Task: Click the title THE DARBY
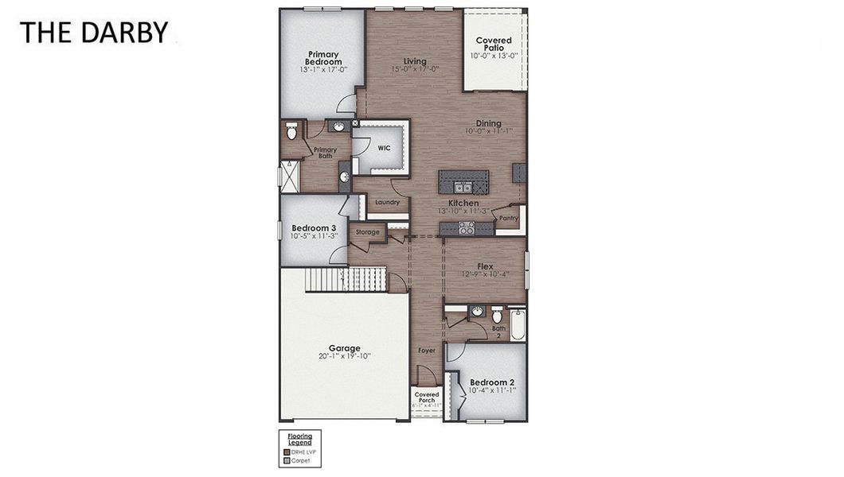click(94, 33)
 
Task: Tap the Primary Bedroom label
click(324, 58)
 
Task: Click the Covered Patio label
click(494, 44)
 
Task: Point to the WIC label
click(384, 148)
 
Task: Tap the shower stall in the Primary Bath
click(288, 174)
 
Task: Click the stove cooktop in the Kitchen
click(467, 228)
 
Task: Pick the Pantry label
click(509, 218)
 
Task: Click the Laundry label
click(387, 203)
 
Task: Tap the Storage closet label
click(367, 232)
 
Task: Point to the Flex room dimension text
click(485, 274)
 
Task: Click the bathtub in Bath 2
click(518, 324)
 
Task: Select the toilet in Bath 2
click(497, 313)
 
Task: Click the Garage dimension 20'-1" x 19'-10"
click(345, 356)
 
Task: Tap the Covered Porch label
click(427, 397)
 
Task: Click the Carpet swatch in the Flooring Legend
click(287, 460)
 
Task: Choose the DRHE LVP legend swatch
click(287, 452)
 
